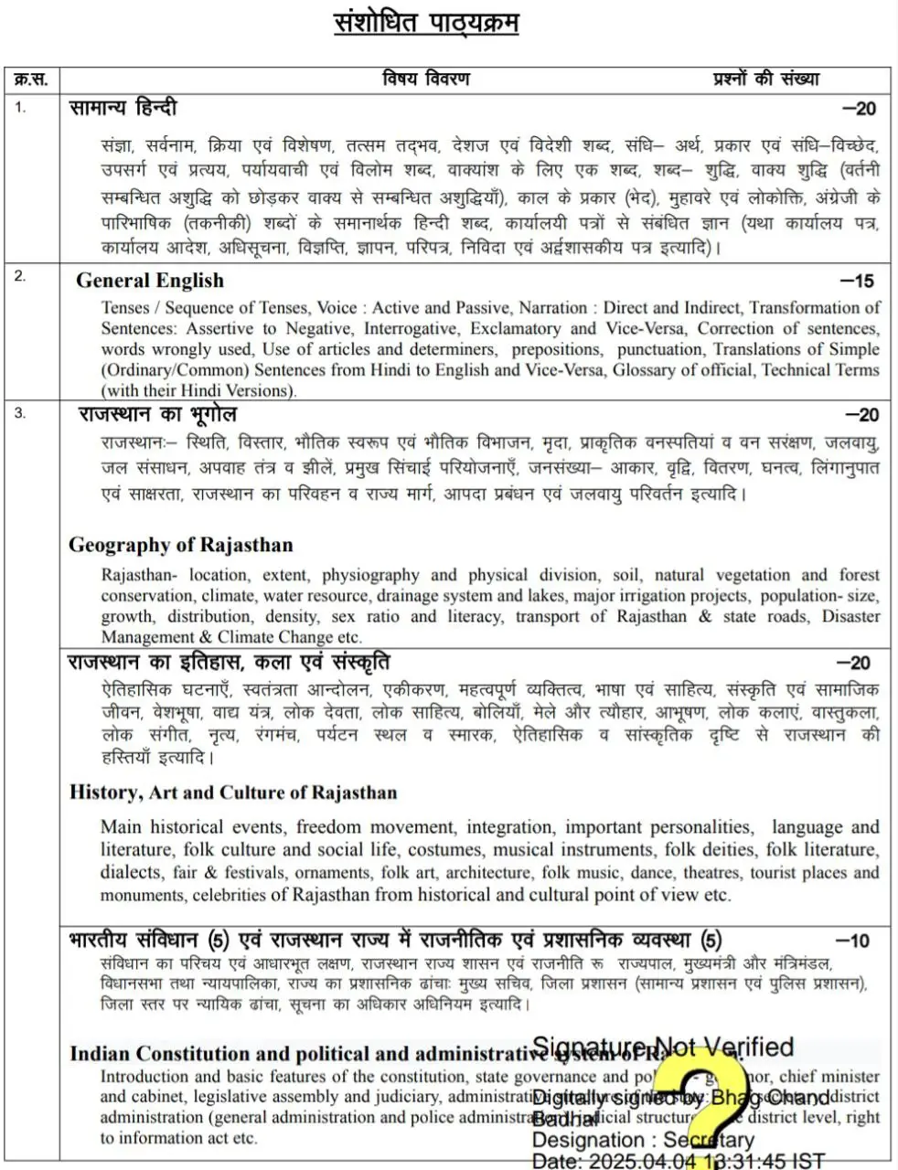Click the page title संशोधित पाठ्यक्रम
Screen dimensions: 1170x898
click(x=426, y=23)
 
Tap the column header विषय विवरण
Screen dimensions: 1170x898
click(x=426, y=80)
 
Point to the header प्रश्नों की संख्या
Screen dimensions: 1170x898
click(x=766, y=80)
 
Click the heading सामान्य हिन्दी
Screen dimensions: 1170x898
click(x=123, y=108)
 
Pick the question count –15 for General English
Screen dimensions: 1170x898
click(x=858, y=282)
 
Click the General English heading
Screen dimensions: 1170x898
click(x=150, y=281)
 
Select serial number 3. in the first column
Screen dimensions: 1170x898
click(x=20, y=412)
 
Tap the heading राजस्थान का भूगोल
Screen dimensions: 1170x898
click(x=158, y=414)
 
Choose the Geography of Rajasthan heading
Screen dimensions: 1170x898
click(x=181, y=546)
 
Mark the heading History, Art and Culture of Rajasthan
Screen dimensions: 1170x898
click(x=233, y=792)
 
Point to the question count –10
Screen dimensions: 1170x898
click(x=852, y=941)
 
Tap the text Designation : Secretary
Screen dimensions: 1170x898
click(x=643, y=1141)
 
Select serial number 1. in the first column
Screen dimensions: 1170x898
click(x=20, y=107)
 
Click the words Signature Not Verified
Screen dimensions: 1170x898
click(x=663, y=1048)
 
